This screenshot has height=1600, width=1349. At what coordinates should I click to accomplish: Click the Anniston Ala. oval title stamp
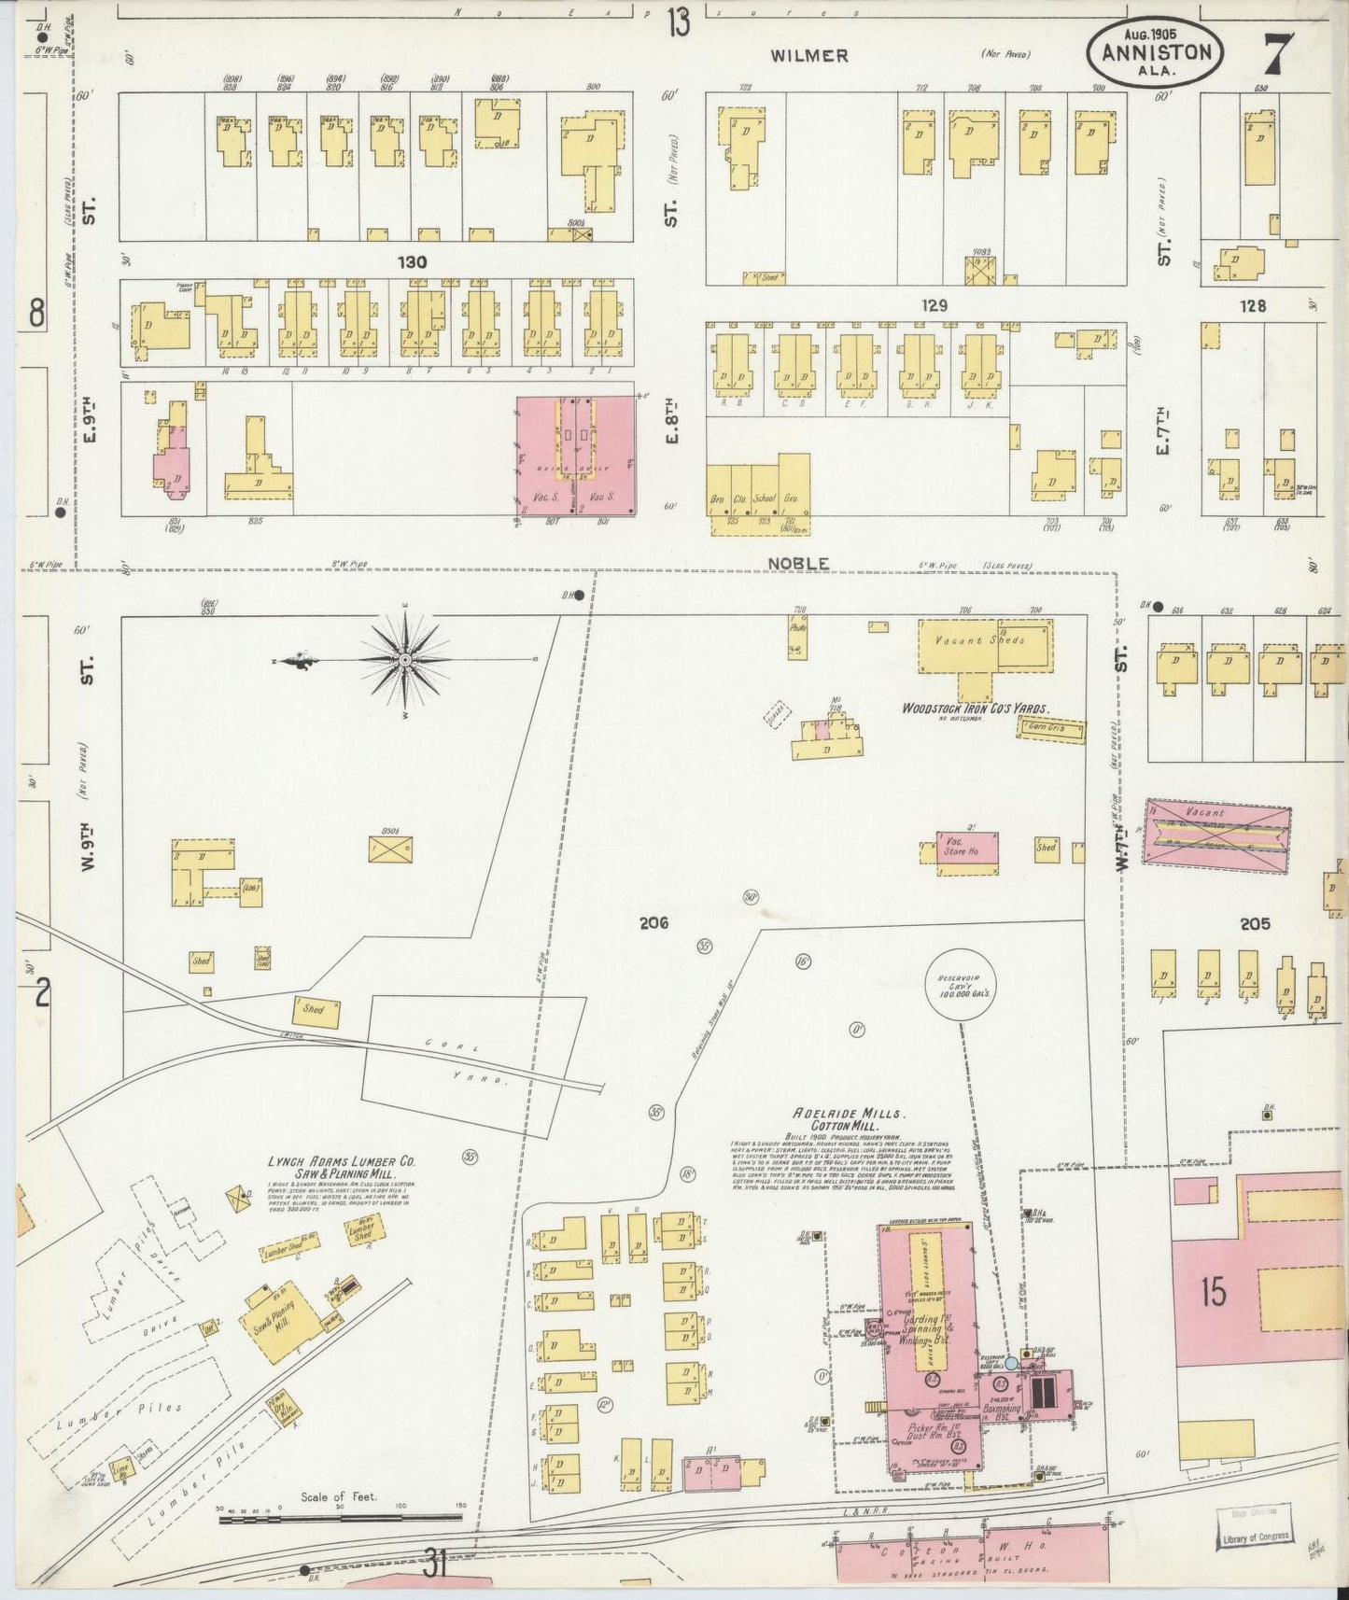click(x=1155, y=51)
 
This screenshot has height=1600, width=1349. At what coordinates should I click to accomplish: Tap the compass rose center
click(x=405, y=660)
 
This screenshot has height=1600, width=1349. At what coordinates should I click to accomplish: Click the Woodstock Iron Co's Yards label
click(x=975, y=709)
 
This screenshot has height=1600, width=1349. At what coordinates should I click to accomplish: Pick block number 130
click(x=412, y=262)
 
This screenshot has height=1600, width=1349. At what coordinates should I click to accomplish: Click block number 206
click(x=653, y=923)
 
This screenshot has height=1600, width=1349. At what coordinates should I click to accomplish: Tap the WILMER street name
click(x=808, y=55)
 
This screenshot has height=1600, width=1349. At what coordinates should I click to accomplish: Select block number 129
click(x=934, y=305)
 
